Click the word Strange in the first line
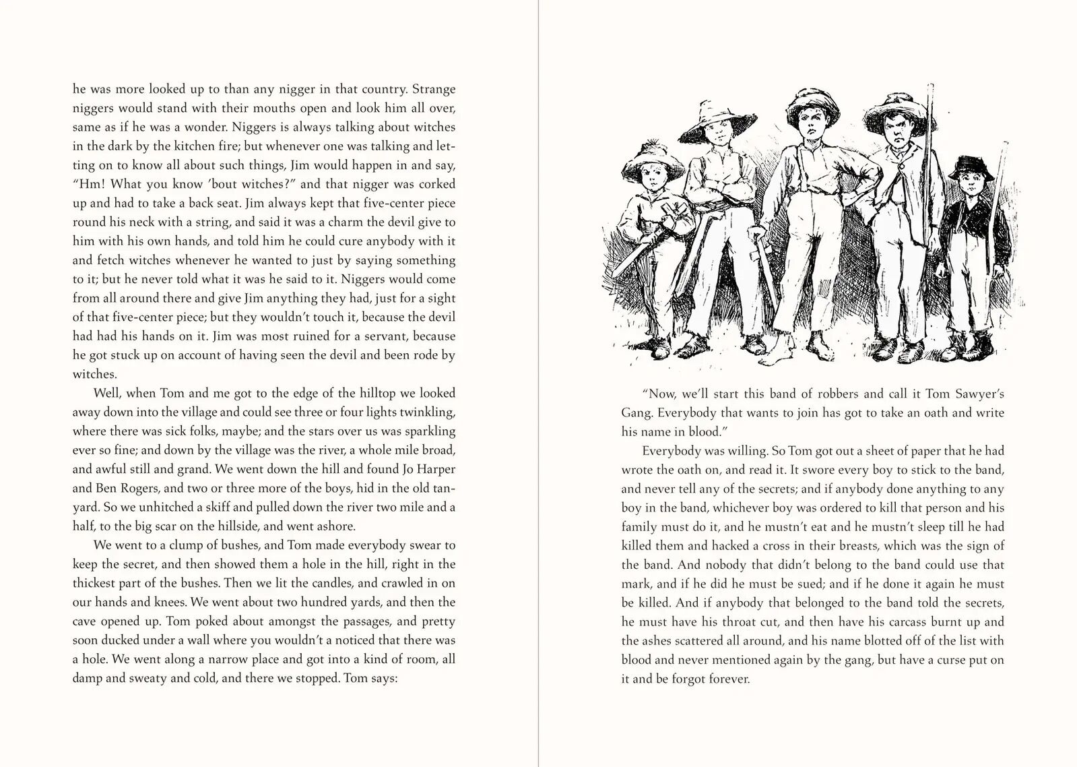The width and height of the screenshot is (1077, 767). pyautogui.click(x=434, y=89)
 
